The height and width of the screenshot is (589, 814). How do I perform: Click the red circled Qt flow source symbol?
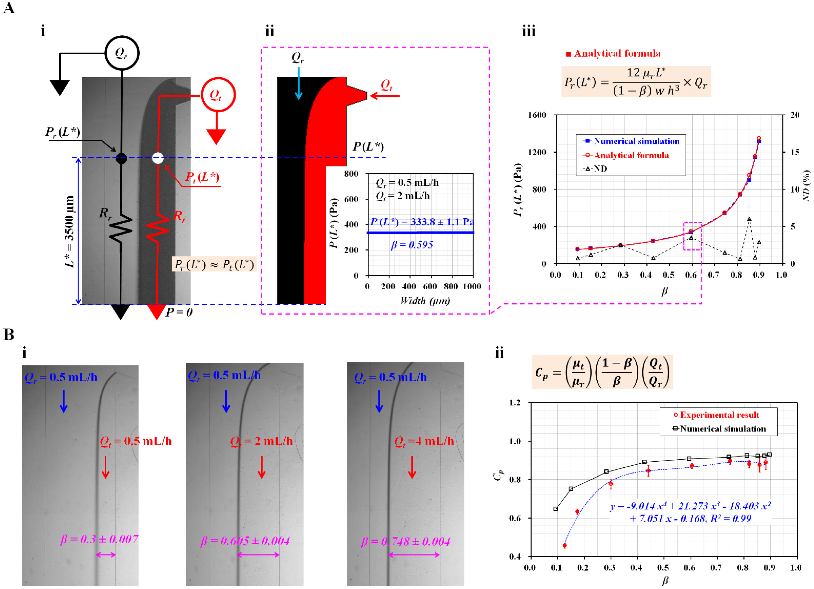coord(218,95)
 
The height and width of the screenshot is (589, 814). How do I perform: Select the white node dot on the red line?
coord(158,158)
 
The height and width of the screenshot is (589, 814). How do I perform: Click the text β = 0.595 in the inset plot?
coord(412,245)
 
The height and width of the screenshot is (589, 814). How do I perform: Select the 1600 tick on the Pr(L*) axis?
coord(537,115)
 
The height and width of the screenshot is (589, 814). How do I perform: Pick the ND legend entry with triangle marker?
coord(596,169)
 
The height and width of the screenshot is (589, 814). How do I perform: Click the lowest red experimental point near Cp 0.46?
coord(565,545)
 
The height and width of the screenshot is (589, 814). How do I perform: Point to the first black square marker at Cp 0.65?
coord(556,509)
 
